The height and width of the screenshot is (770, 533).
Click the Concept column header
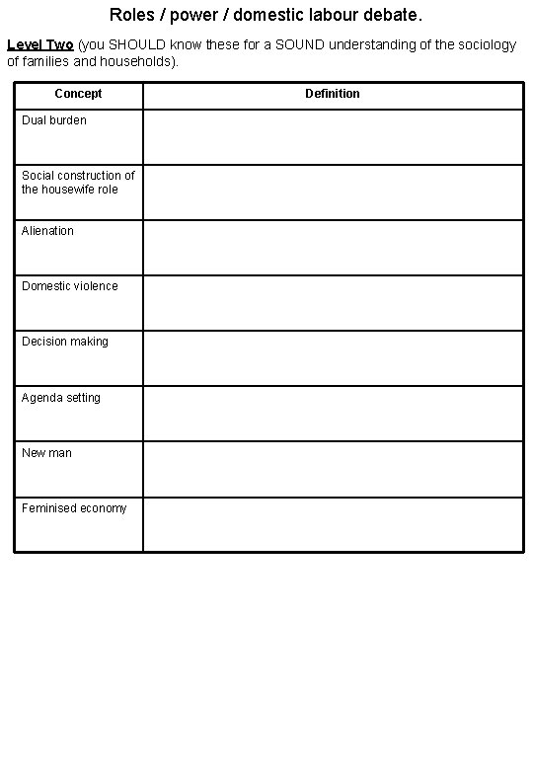(x=78, y=94)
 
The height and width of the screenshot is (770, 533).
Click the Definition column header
(x=333, y=94)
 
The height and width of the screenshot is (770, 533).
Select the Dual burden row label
(x=54, y=120)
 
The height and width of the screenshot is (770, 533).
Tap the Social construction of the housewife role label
(x=78, y=183)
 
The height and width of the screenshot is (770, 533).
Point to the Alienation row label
(x=47, y=231)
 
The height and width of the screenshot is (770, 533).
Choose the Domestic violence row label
(x=70, y=286)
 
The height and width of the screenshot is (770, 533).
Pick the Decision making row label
(x=65, y=342)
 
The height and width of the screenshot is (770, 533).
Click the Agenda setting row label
(x=61, y=398)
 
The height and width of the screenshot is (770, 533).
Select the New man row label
(x=46, y=453)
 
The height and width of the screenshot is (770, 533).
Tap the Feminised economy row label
(x=74, y=508)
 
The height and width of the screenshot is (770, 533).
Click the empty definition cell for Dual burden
(x=333, y=136)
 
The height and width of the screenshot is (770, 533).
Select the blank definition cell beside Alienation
(x=333, y=247)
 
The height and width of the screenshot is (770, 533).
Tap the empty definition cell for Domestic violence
(x=333, y=302)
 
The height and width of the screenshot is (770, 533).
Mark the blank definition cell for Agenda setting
(x=333, y=414)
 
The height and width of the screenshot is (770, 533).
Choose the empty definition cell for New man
(x=333, y=469)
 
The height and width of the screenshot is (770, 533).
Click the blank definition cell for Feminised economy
(x=333, y=524)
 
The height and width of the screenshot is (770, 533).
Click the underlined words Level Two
(x=39, y=45)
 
